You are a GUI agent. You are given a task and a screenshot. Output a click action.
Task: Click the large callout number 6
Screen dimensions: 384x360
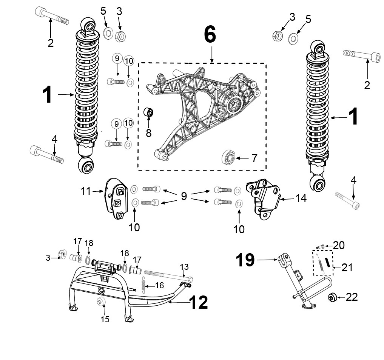point(210,34)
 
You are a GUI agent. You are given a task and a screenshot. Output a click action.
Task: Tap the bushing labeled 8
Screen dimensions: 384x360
point(148,112)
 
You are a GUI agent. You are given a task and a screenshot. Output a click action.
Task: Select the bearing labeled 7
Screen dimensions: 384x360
point(228,157)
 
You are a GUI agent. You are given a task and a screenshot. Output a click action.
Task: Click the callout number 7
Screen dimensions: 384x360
point(255,158)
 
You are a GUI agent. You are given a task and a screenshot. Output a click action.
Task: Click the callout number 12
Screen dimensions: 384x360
point(199,303)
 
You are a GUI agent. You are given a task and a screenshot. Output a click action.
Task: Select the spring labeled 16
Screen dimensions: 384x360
point(144,285)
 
